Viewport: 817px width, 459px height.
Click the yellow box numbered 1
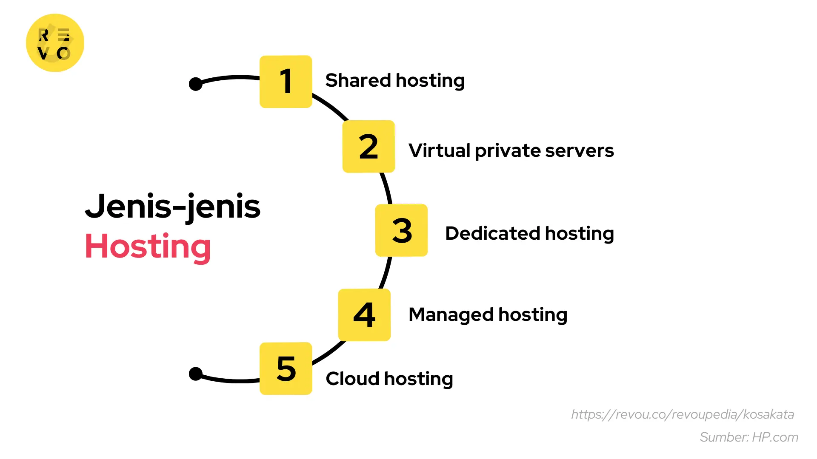pos(286,82)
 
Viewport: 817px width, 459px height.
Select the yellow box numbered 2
pos(369,147)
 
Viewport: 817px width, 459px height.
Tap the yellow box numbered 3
pos(401,230)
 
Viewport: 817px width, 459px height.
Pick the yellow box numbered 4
pos(364,315)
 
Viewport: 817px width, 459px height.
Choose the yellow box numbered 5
pos(286,368)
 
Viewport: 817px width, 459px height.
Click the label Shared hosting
pos(395,81)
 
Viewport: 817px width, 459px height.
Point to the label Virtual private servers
pos(511,151)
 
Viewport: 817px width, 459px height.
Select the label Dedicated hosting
pos(529,234)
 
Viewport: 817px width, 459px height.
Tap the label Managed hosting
pos(488,315)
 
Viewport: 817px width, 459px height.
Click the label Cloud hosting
pos(389,379)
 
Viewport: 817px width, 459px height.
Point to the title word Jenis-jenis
pos(173,207)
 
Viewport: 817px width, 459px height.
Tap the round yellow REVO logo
pos(55,43)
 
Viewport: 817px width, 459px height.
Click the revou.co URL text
pos(683,414)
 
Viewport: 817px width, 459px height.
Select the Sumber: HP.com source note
pos(749,437)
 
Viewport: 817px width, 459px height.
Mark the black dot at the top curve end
pos(196,84)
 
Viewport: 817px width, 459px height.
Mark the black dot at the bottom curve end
pos(196,374)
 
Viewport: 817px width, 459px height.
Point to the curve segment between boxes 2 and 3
pos(386,188)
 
